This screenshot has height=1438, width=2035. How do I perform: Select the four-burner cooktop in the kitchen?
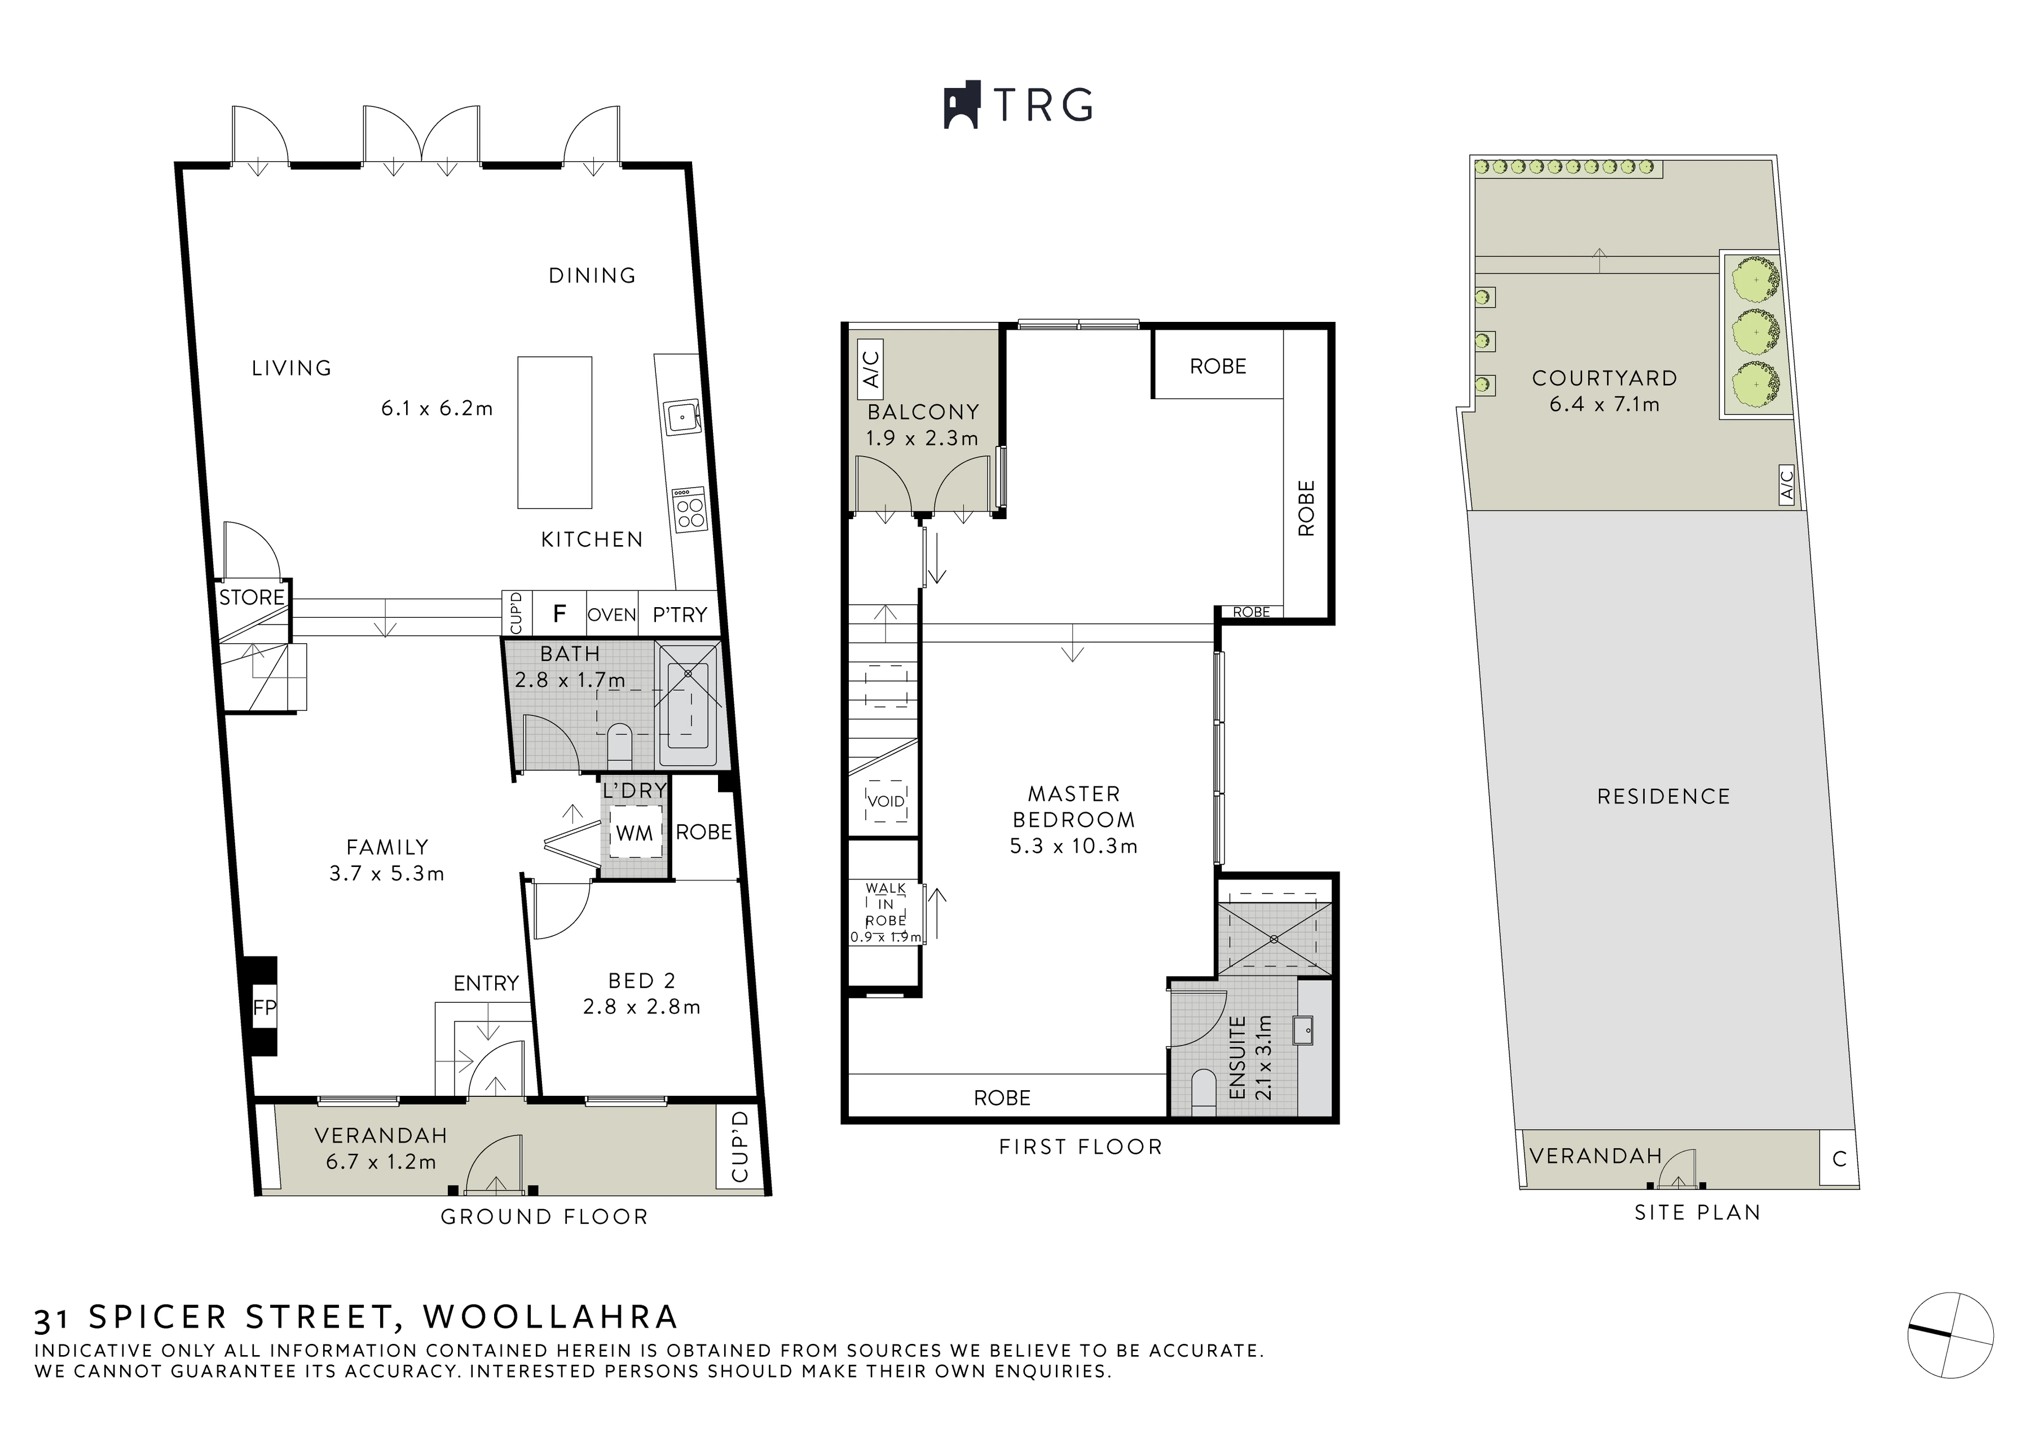click(x=689, y=510)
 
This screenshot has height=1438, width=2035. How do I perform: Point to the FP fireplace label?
click(x=264, y=1007)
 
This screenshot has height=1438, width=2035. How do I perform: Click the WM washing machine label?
click(x=635, y=833)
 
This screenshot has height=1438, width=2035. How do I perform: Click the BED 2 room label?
click(x=642, y=981)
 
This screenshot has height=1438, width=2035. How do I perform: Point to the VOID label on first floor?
click(x=886, y=801)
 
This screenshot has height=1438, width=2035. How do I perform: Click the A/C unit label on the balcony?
click(x=871, y=369)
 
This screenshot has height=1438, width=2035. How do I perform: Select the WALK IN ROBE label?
click(x=886, y=904)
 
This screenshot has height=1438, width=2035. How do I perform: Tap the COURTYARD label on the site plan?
click(x=1604, y=378)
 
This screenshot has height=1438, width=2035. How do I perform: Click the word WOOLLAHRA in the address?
click(x=550, y=1317)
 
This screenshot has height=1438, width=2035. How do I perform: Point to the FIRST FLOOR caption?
click(x=1081, y=1147)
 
